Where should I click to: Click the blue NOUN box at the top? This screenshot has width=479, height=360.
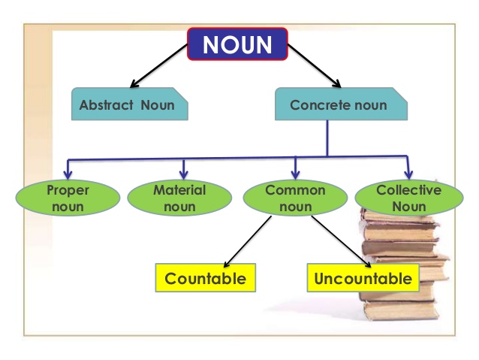(x=237, y=44)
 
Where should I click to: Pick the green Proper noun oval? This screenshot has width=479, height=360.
(x=68, y=197)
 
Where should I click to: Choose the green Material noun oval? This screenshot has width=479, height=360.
(x=179, y=197)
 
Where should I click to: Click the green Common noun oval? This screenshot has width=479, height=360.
(x=295, y=197)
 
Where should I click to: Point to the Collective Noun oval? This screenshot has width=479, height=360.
(x=408, y=197)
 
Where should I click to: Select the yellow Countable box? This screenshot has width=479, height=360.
(x=205, y=279)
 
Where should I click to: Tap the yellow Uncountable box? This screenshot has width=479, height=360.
(x=363, y=279)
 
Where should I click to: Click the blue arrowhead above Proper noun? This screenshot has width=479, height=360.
(x=68, y=172)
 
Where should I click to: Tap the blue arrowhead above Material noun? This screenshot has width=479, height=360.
(x=183, y=172)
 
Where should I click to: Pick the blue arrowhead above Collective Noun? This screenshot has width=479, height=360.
(x=408, y=171)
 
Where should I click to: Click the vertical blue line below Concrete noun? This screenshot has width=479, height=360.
(x=327, y=138)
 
